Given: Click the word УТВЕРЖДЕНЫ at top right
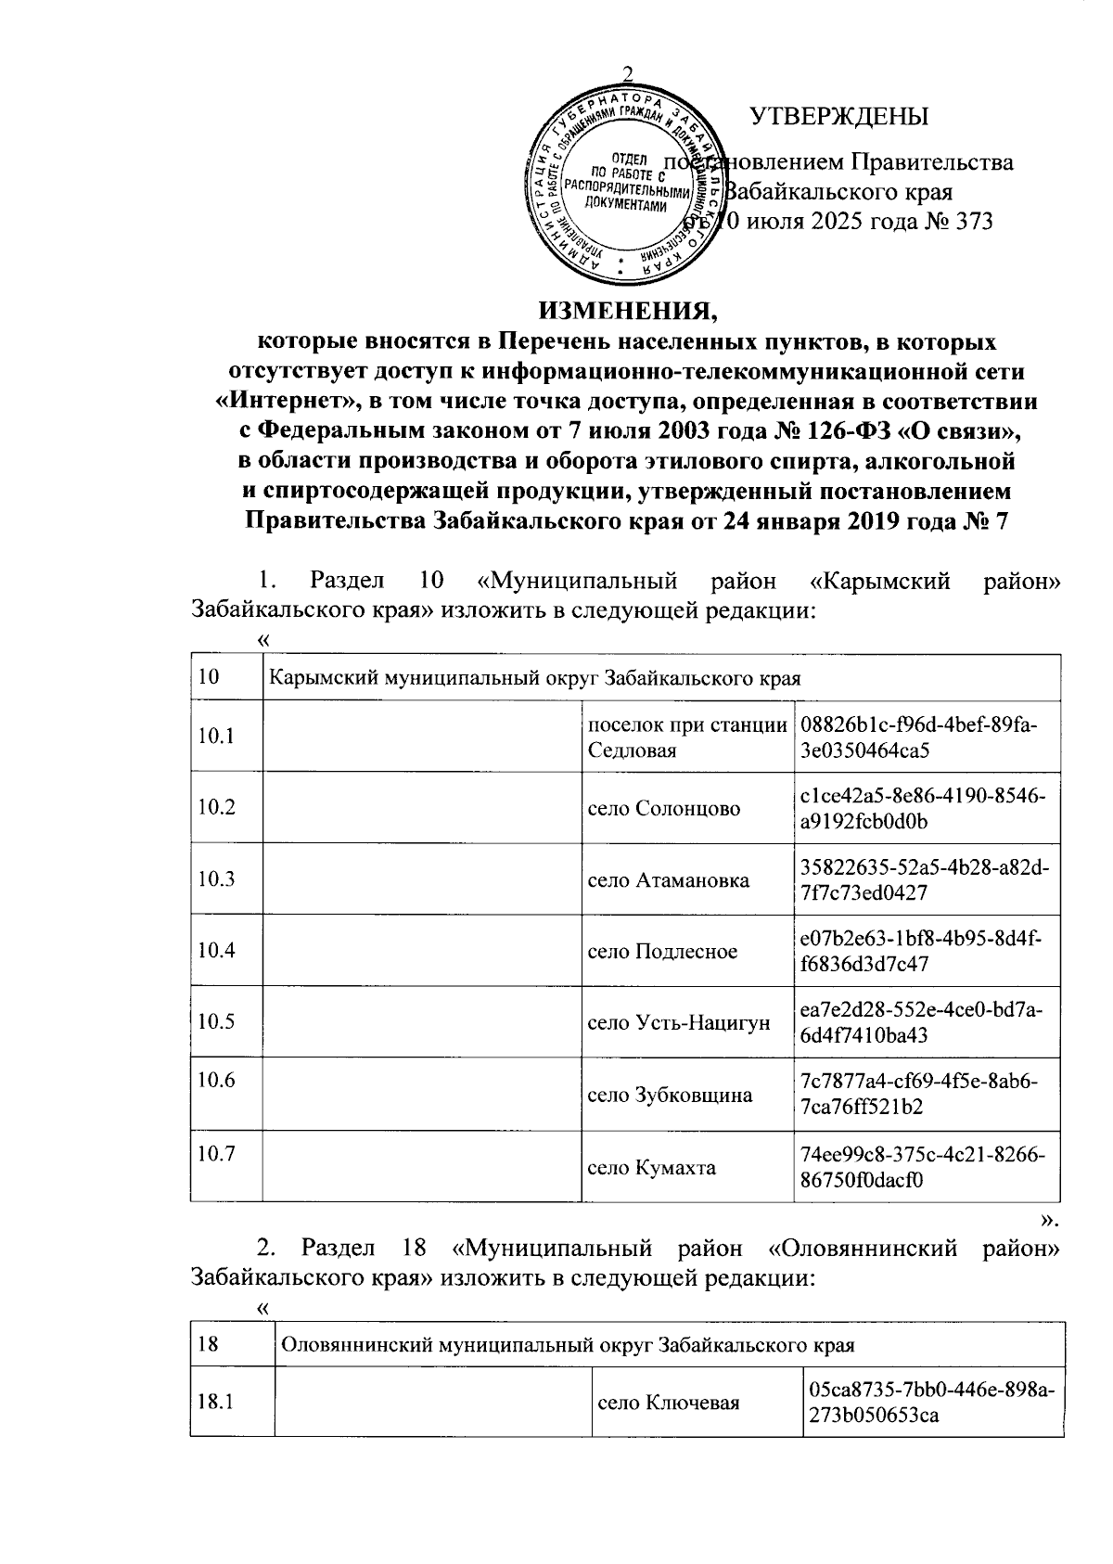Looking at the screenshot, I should (x=838, y=117).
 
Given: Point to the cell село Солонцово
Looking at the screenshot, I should (x=664, y=808).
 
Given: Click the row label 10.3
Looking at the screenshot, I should (x=216, y=878).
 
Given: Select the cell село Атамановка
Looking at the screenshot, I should (x=669, y=879).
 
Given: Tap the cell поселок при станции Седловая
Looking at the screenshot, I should (x=686, y=737).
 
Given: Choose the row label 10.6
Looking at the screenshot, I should (x=216, y=1080).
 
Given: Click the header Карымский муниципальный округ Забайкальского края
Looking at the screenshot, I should (x=533, y=677).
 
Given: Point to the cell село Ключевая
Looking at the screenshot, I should (x=669, y=1403).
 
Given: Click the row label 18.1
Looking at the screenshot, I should (x=214, y=1402).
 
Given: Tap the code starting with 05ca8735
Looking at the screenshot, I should (x=931, y=1402).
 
